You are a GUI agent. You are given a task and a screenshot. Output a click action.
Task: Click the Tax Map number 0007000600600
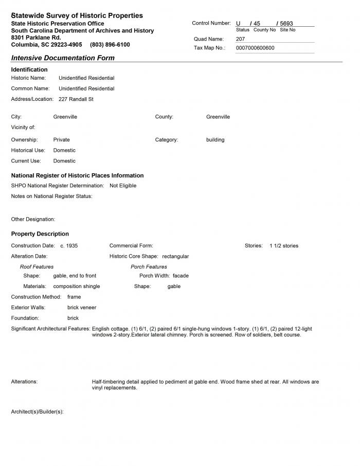(255, 48)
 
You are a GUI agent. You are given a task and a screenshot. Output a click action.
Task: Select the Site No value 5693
(286, 23)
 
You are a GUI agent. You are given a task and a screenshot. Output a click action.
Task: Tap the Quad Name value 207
(241, 39)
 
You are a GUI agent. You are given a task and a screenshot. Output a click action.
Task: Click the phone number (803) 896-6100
(110, 45)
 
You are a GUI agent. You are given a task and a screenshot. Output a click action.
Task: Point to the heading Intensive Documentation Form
(63, 58)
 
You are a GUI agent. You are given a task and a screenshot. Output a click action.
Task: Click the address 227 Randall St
(76, 99)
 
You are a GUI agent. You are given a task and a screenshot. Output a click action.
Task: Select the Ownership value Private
(61, 139)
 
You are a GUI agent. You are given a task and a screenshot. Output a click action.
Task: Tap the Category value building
(215, 139)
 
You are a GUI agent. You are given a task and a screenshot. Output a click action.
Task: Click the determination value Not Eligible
(123, 185)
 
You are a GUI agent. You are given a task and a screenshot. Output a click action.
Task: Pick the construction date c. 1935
(69, 246)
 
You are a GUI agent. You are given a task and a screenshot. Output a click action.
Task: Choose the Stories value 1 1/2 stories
(283, 246)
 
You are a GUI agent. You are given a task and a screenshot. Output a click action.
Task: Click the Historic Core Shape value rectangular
(175, 256)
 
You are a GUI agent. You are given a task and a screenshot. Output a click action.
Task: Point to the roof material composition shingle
(77, 286)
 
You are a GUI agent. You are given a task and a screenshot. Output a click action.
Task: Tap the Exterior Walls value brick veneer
(82, 308)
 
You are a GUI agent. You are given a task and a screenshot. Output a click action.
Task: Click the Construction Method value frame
(74, 297)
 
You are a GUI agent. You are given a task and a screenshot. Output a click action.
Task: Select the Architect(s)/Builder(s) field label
(37, 412)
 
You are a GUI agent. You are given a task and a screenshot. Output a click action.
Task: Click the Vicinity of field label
(23, 127)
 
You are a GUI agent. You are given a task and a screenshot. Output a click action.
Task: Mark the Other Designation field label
(33, 219)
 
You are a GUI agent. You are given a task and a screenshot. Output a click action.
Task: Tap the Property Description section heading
(40, 234)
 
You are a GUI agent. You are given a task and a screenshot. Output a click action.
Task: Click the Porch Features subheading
(149, 266)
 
